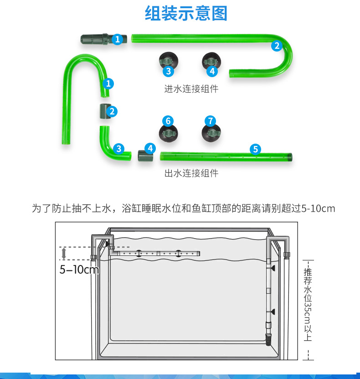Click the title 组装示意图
point(185,14)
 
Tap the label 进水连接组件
point(191,89)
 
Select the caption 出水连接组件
point(191,173)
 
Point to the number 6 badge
point(168,121)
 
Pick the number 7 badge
point(210,121)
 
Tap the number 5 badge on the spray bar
point(255,149)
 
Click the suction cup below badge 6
point(168,133)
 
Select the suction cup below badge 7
point(211,133)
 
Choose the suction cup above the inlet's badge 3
point(168,60)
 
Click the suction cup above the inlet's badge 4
point(211,60)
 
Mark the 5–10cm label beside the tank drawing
point(78,270)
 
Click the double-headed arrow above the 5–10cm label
point(64,254)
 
